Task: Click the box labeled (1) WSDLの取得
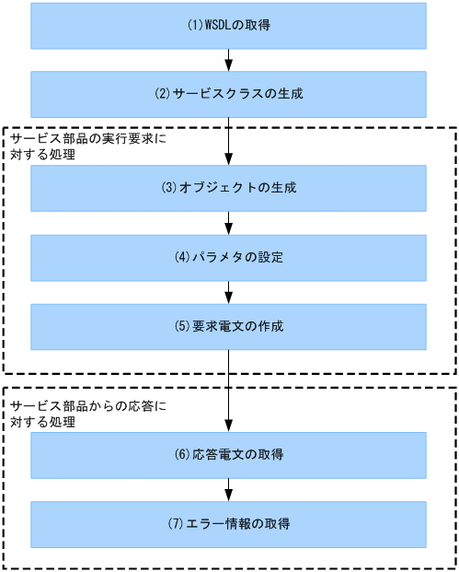tap(229, 26)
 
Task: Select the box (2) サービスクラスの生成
tap(229, 93)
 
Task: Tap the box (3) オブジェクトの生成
tap(229, 188)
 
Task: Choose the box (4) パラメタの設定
tap(229, 257)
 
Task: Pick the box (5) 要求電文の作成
tap(229, 327)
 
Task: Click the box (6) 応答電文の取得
tap(229, 455)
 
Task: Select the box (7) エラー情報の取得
tap(229, 524)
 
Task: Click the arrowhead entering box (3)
tap(229, 159)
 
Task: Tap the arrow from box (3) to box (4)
tap(229, 222)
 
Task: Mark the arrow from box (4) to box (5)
tap(229, 292)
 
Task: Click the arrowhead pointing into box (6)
tap(229, 426)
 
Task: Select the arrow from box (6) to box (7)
tap(229, 489)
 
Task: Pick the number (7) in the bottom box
tap(175, 524)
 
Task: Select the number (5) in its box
tap(181, 327)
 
